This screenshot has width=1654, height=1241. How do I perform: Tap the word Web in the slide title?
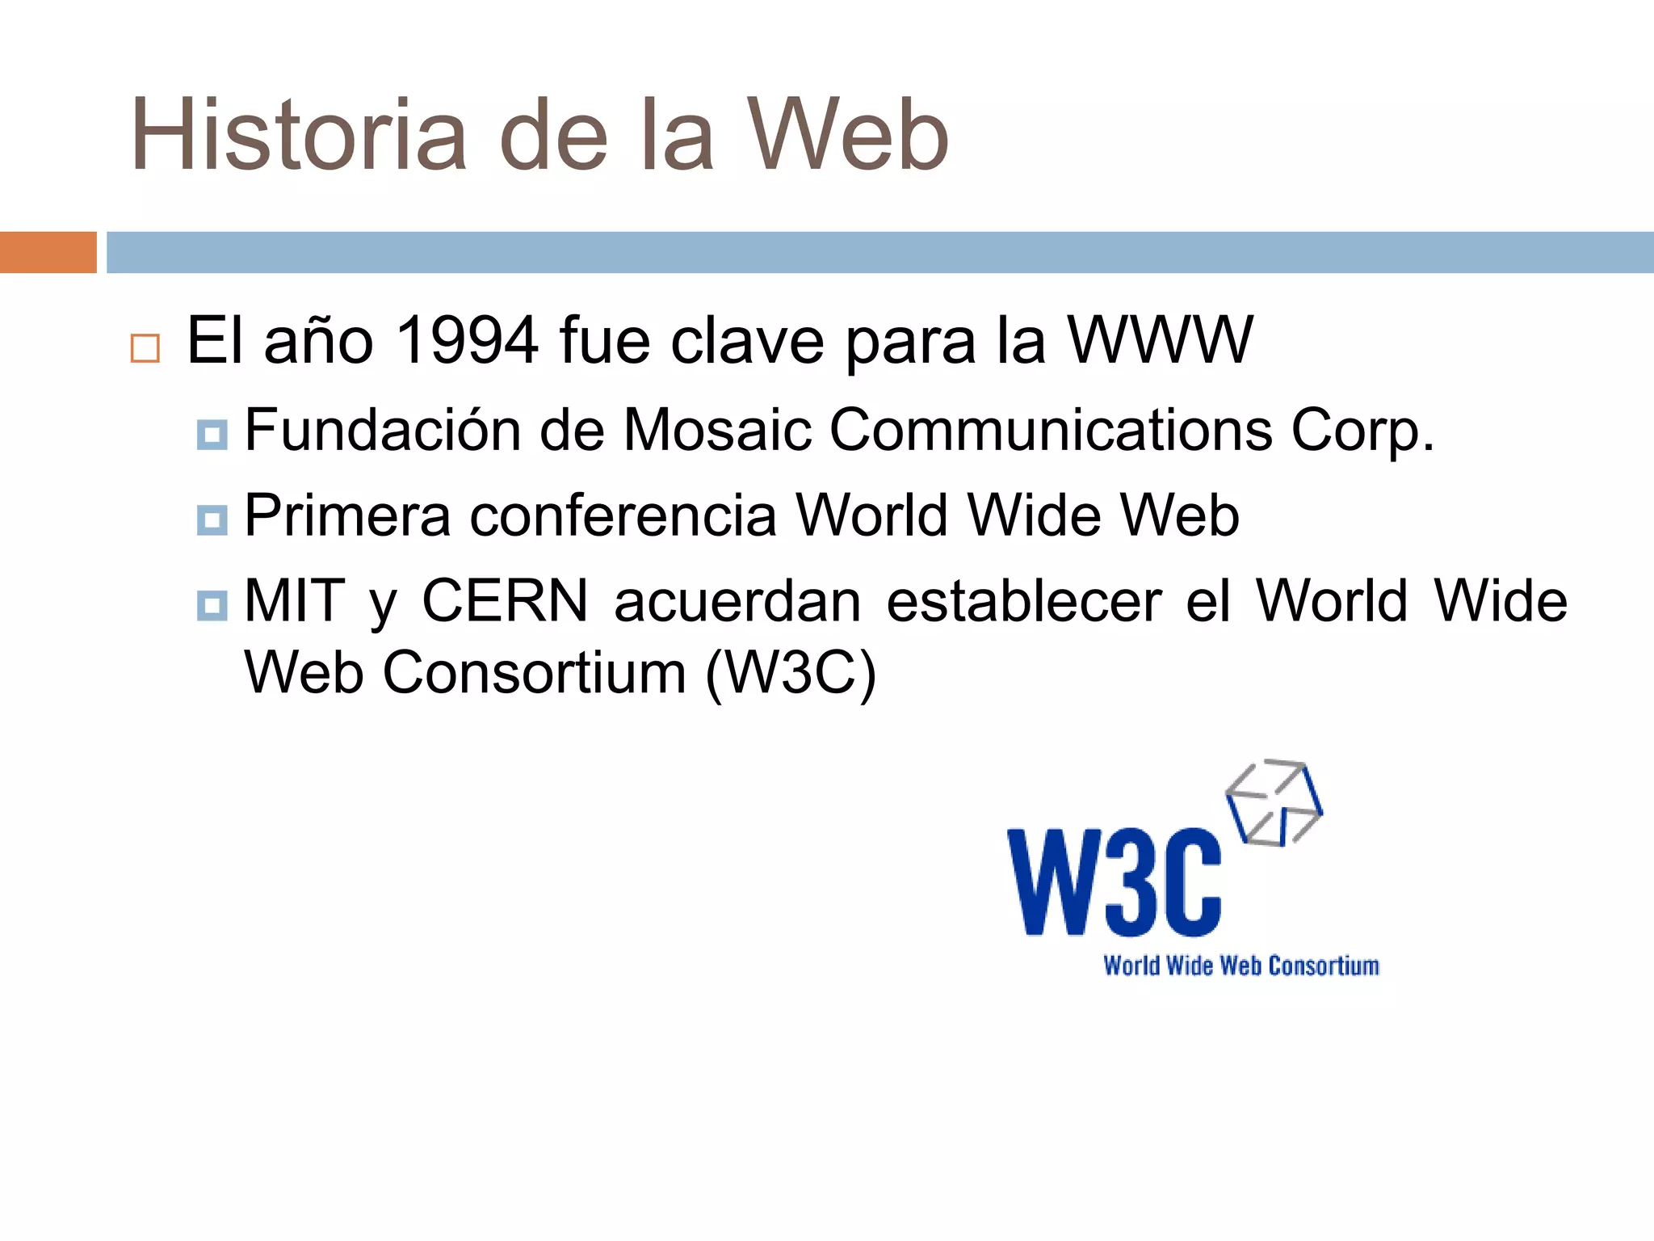(x=847, y=136)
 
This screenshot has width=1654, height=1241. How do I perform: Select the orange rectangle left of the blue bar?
(x=48, y=252)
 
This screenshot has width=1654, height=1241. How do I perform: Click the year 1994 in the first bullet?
(x=468, y=340)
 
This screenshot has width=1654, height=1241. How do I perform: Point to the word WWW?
(x=1160, y=340)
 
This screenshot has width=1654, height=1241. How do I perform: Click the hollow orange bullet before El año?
(x=145, y=348)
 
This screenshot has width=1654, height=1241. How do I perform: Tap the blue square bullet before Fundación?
(x=212, y=435)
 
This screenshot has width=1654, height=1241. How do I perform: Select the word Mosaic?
(x=717, y=429)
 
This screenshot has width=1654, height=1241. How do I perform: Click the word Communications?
(x=1051, y=429)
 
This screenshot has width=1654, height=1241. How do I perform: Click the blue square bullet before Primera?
(x=212, y=520)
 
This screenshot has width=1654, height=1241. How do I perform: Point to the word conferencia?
(x=623, y=515)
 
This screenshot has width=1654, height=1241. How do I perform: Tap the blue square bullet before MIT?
(x=212, y=605)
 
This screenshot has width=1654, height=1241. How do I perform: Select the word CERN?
(x=505, y=601)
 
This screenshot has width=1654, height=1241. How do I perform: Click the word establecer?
(x=1024, y=601)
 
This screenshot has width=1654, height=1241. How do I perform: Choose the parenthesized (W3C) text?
(x=791, y=672)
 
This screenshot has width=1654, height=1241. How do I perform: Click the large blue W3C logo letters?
(x=1115, y=882)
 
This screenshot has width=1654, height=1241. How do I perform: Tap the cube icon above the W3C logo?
(x=1274, y=802)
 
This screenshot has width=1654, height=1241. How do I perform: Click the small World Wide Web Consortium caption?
(x=1241, y=966)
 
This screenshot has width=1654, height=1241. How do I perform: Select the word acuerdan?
(x=737, y=601)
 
